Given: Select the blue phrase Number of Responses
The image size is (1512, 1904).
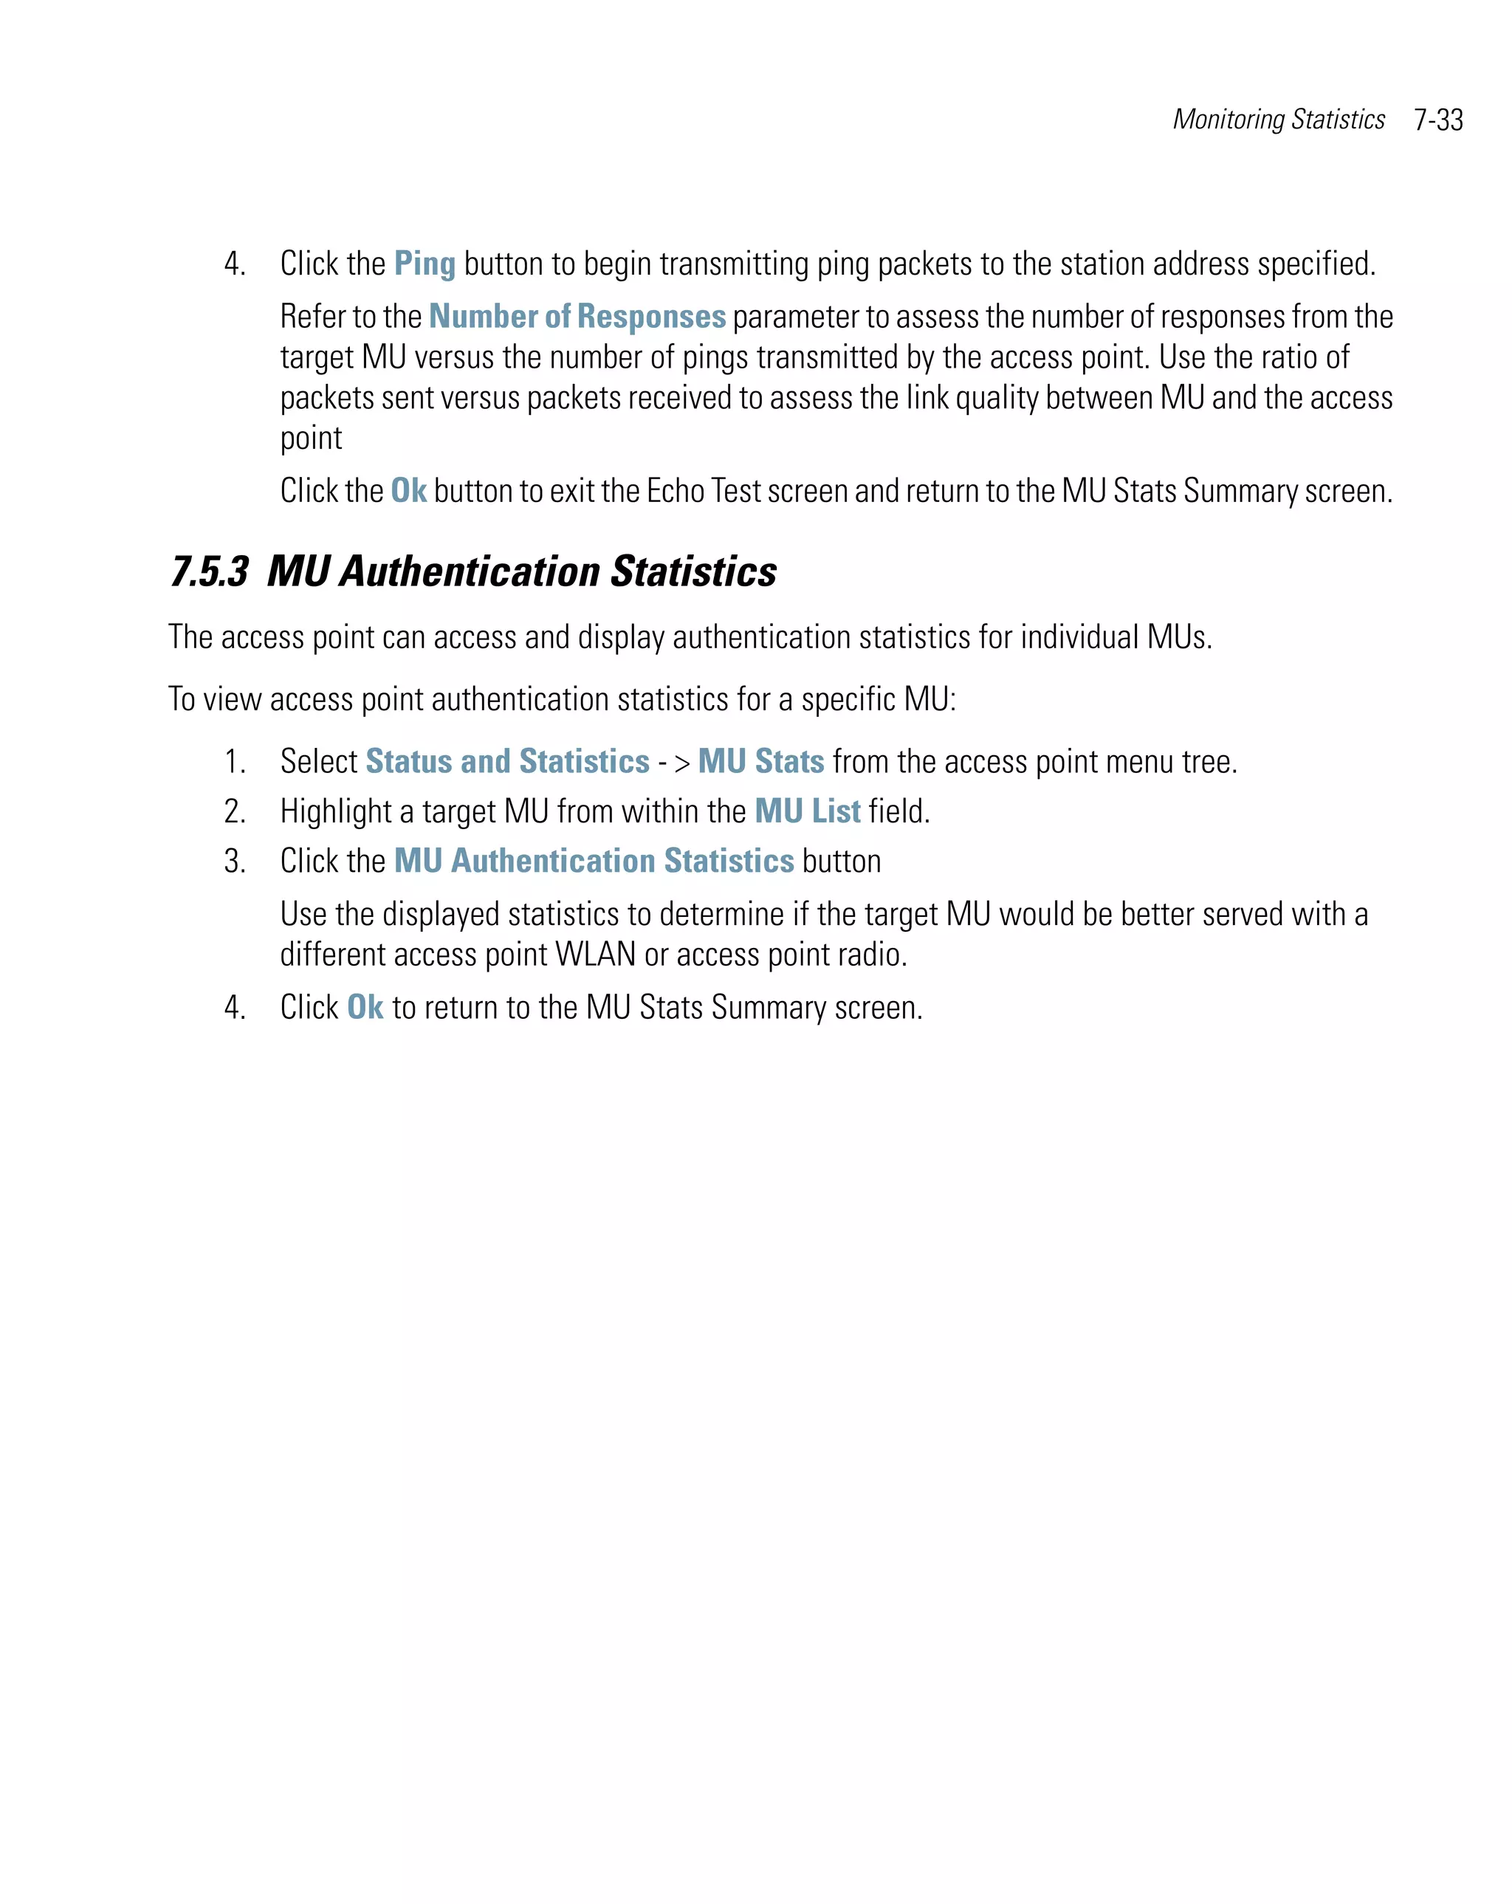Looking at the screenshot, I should tap(577, 316).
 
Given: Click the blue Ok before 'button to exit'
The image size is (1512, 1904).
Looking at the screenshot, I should tap(408, 490).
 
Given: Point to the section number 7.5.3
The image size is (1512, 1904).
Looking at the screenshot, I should tap(210, 571).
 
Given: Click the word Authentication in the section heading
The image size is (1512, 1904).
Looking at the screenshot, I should tap(470, 571).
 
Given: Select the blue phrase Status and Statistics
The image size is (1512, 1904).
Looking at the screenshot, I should tap(507, 761).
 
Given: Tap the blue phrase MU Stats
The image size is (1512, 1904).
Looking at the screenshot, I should tap(760, 761).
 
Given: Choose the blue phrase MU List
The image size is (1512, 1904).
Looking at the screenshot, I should tap(807, 811).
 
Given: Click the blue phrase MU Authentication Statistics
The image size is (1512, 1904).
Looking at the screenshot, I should tap(594, 860).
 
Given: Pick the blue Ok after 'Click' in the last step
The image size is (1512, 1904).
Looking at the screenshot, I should tap(365, 1007).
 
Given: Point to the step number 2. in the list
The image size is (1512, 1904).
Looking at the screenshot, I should tap(235, 811).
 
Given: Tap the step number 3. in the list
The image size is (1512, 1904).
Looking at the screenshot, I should tap(235, 860).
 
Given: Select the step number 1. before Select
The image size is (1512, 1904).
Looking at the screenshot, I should tap(235, 761).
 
